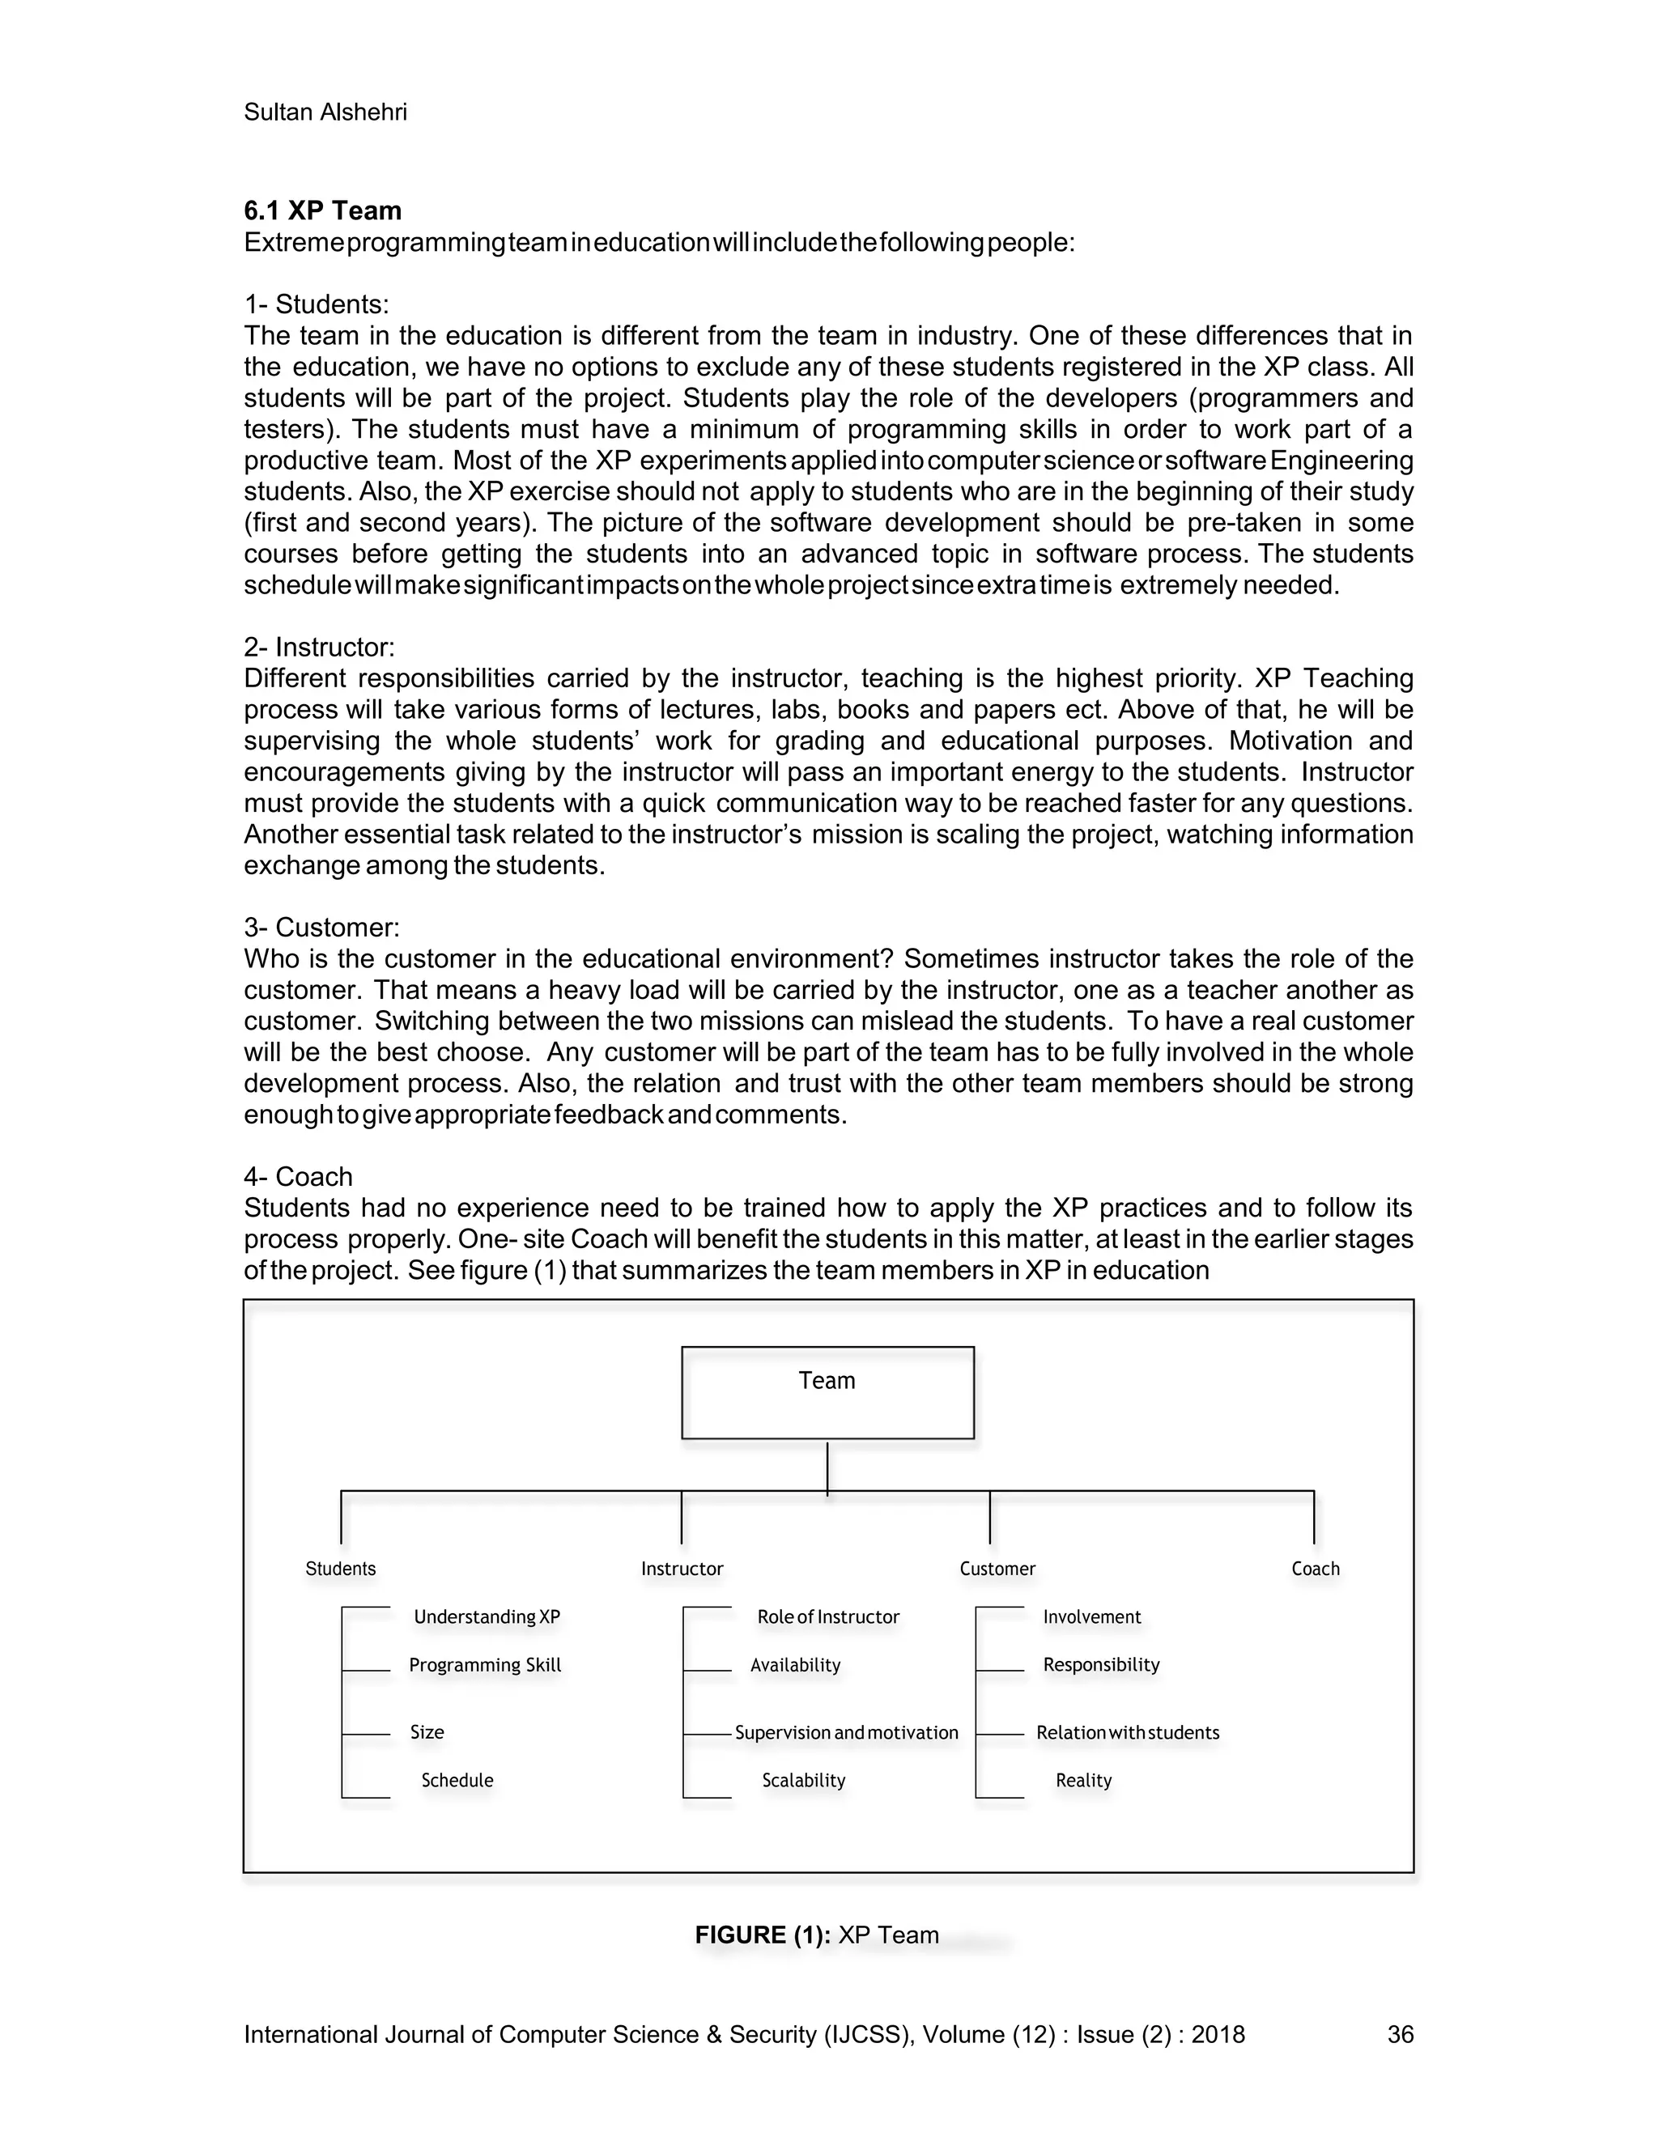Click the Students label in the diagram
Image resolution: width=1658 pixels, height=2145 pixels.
tap(340, 1569)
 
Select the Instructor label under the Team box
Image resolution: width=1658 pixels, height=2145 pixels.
tap(682, 1569)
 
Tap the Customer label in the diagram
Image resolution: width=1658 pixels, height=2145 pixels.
tap(997, 1569)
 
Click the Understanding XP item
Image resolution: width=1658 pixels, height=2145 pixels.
tap(487, 1616)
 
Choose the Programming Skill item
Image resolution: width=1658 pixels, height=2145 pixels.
tap(484, 1665)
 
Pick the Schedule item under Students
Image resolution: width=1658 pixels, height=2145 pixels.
tap(457, 1780)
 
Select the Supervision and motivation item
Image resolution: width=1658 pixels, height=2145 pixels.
tap(846, 1732)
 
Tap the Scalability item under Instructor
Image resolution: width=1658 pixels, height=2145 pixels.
tap(802, 1780)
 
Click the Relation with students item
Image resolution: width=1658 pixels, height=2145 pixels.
tap(1127, 1732)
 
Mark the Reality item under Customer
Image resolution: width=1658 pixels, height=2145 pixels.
tap(1082, 1780)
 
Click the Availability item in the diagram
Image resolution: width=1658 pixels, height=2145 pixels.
tap(795, 1665)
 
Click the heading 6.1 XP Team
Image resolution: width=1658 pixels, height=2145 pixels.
tap(322, 211)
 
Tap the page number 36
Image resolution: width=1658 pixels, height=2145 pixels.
tap(1400, 2034)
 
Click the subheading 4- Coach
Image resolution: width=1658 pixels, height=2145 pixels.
tap(298, 1177)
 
